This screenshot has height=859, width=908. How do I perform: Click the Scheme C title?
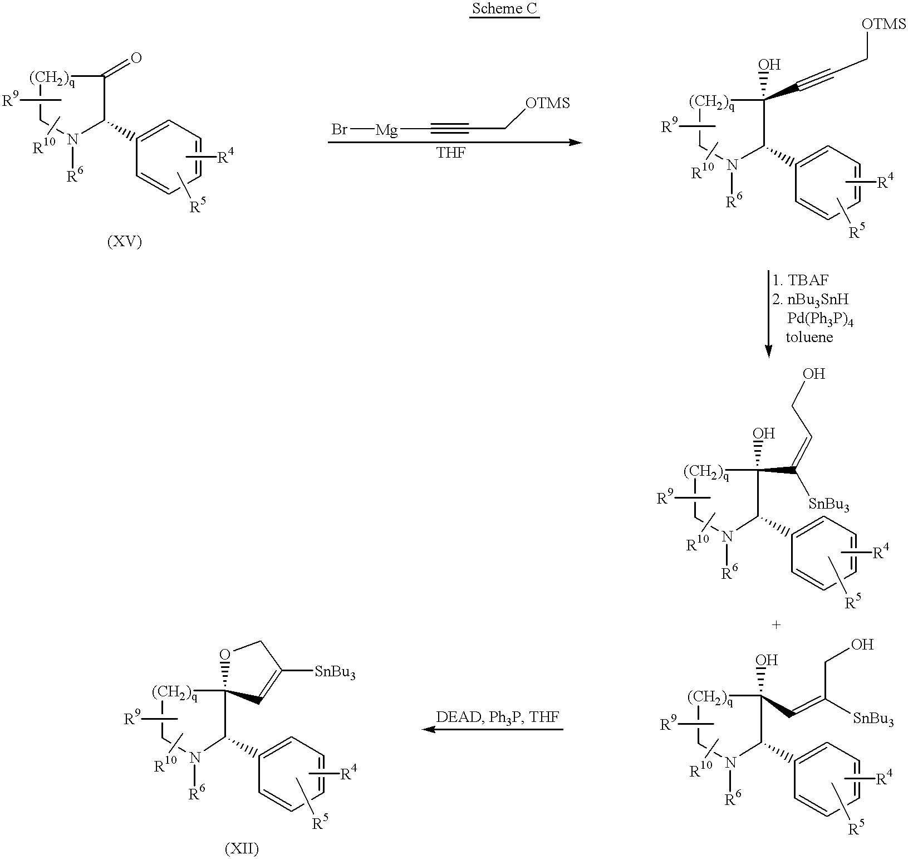(x=504, y=9)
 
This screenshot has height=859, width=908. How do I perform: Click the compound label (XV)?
(x=124, y=243)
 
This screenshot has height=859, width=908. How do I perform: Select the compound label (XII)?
(x=242, y=849)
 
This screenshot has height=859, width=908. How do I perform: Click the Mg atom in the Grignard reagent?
(x=386, y=131)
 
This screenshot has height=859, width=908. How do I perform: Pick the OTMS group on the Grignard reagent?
(x=548, y=104)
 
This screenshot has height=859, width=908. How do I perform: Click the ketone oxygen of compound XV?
(x=135, y=58)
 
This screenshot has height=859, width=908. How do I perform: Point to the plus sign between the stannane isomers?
(x=776, y=625)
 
